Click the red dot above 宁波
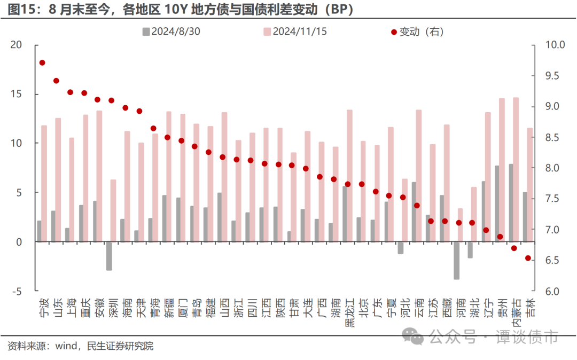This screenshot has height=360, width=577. [x=42, y=62]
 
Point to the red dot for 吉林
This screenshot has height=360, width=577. [x=528, y=258]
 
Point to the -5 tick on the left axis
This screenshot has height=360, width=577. [x=18, y=292]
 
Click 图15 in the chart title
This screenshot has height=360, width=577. [x=21, y=10]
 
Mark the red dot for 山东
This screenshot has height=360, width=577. [x=56, y=81]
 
